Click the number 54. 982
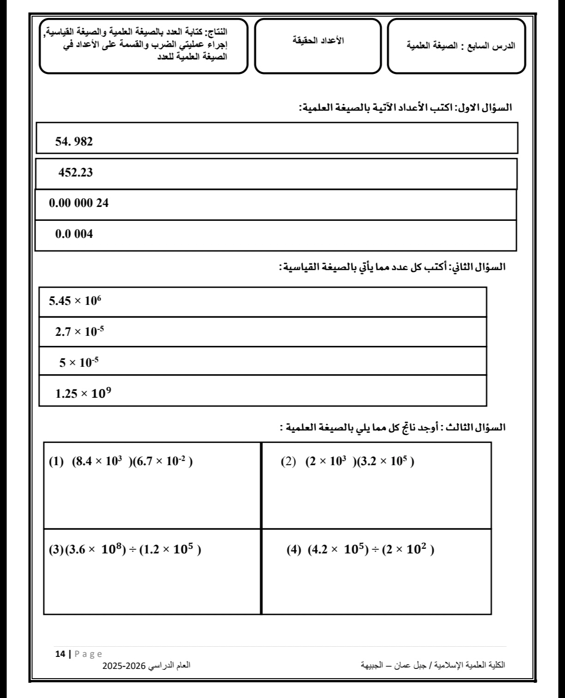pyautogui.click(x=74, y=142)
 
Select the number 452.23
pyautogui.click(x=75, y=173)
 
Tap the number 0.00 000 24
pyautogui.click(x=79, y=203)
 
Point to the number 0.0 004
pyautogui.click(x=74, y=234)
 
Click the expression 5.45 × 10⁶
pyautogui.click(x=75, y=301)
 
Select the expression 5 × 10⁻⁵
pyautogui.click(x=79, y=362)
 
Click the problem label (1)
pyautogui.click(x=56, y=462)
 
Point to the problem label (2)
pyautogui.click(x=289, y=462)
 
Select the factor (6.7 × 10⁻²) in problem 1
pyautogui.click(x=162, y=462)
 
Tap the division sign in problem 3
pyautogui.click(x=133, y=550)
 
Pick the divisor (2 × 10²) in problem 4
pyautogui.click(x=408, y=550)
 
